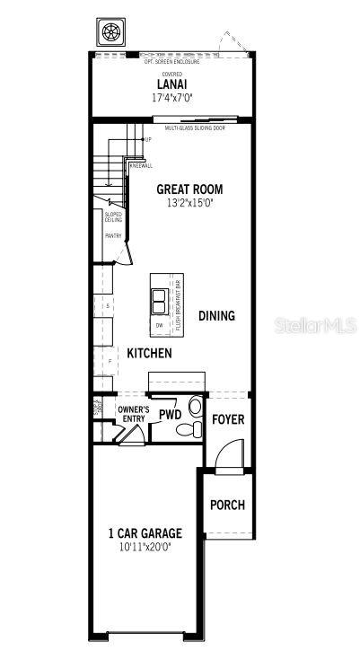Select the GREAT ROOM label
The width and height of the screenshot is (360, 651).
(x=189, y=189)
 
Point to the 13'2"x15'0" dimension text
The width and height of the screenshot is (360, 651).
(x=189, y=203)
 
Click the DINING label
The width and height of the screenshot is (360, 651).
(x=216, y=315)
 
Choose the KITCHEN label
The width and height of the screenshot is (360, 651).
(x=149, y=354)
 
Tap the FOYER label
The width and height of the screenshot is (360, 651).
(x=228, y=419)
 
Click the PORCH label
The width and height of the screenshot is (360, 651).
(x=227, y=506)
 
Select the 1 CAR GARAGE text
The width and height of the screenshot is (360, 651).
(x=145, y=533)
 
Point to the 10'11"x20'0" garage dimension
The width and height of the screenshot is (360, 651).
(x=145, y=546)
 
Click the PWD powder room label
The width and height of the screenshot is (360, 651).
(x=171, y=416)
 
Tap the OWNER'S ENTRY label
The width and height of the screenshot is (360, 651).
(x=134, y=413)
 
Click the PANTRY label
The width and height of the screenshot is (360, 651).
(x=113, y=235)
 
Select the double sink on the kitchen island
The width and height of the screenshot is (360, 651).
(x=159, y=298)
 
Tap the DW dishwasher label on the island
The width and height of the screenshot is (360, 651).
(x=158, y=325)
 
